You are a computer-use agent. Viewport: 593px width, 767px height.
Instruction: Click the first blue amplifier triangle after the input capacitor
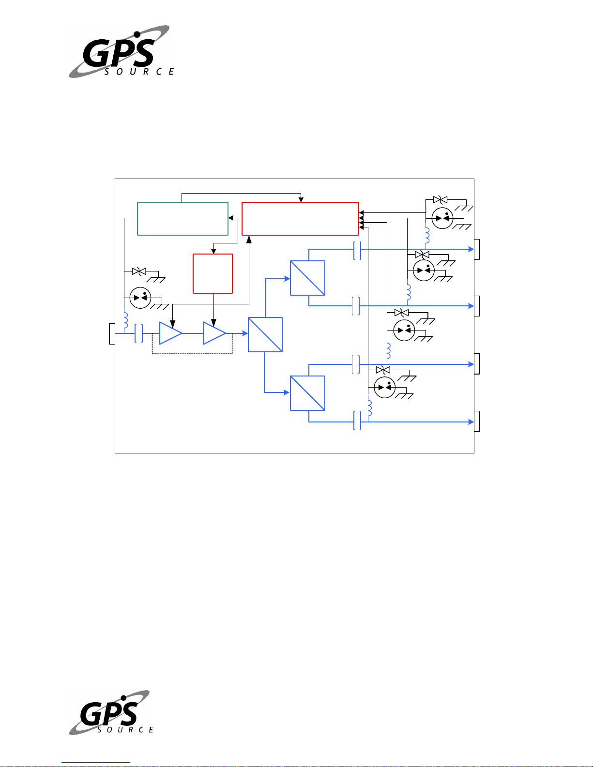(x=170, y=333)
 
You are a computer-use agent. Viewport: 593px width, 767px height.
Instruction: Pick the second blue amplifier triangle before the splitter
(x=214, y=333)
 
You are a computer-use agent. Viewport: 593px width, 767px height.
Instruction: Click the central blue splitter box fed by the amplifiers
(x=265, y=334)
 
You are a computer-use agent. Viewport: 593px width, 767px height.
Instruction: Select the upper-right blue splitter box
(x=307, y=278)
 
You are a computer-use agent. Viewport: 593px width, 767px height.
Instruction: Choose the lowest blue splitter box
(x=307, y=393)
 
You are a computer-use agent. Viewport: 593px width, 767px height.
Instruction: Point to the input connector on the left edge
(x=112, y=333)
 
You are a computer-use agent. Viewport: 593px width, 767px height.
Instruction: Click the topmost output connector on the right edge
(x=477, y=250)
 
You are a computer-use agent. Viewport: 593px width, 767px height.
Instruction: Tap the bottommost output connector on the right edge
(x=477, y=421)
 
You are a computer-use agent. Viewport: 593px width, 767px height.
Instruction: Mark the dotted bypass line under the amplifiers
(x=192, y=353)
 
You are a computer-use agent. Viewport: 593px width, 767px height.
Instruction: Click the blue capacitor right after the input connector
(x=139, y=333)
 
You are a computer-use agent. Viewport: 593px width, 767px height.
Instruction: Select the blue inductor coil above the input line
(x=126, y=319)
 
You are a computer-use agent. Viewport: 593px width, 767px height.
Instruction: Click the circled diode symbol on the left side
(x=140, y=298)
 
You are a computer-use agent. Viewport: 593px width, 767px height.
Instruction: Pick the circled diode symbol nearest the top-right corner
(x=442, y=218)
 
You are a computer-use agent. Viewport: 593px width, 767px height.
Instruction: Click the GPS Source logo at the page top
(x=122, y=51)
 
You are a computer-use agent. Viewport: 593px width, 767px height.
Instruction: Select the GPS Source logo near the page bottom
(x=111, y=712)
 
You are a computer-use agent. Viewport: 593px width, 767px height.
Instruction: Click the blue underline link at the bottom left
(x=96, y=763)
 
